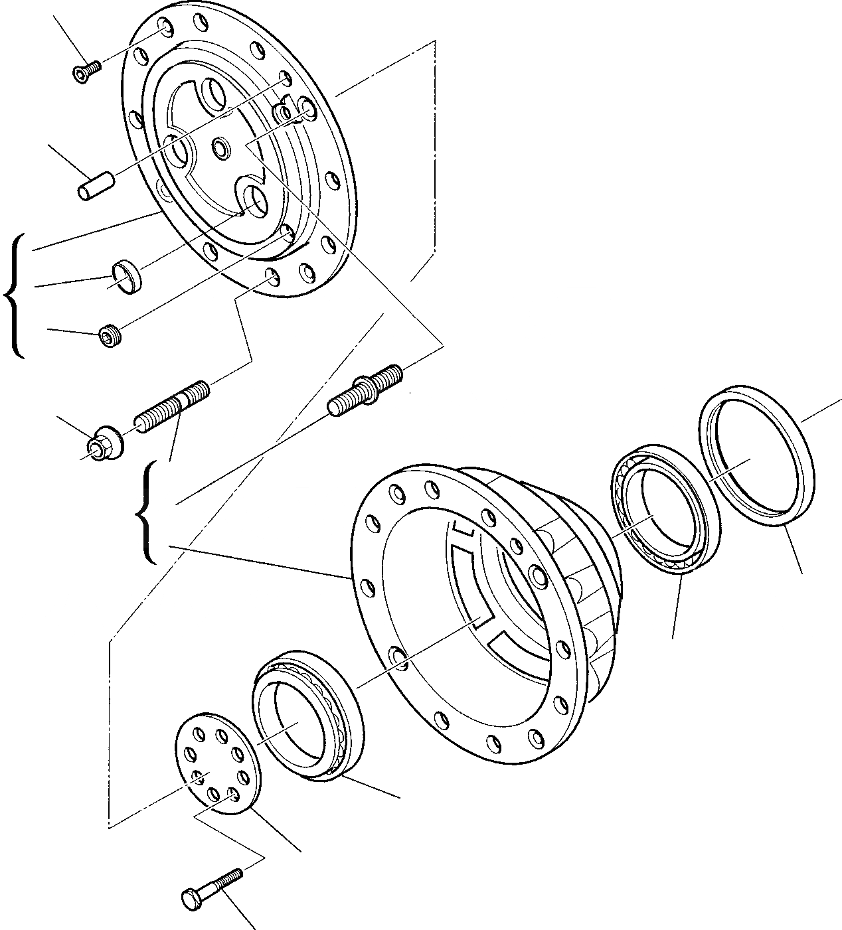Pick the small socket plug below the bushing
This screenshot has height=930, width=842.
(x=109, y=335)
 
